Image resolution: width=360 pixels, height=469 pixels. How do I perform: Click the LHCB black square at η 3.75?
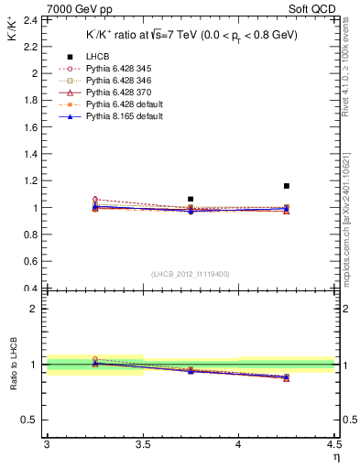[191, 199]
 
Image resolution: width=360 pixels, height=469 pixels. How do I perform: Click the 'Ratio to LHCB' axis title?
[12, 365]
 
